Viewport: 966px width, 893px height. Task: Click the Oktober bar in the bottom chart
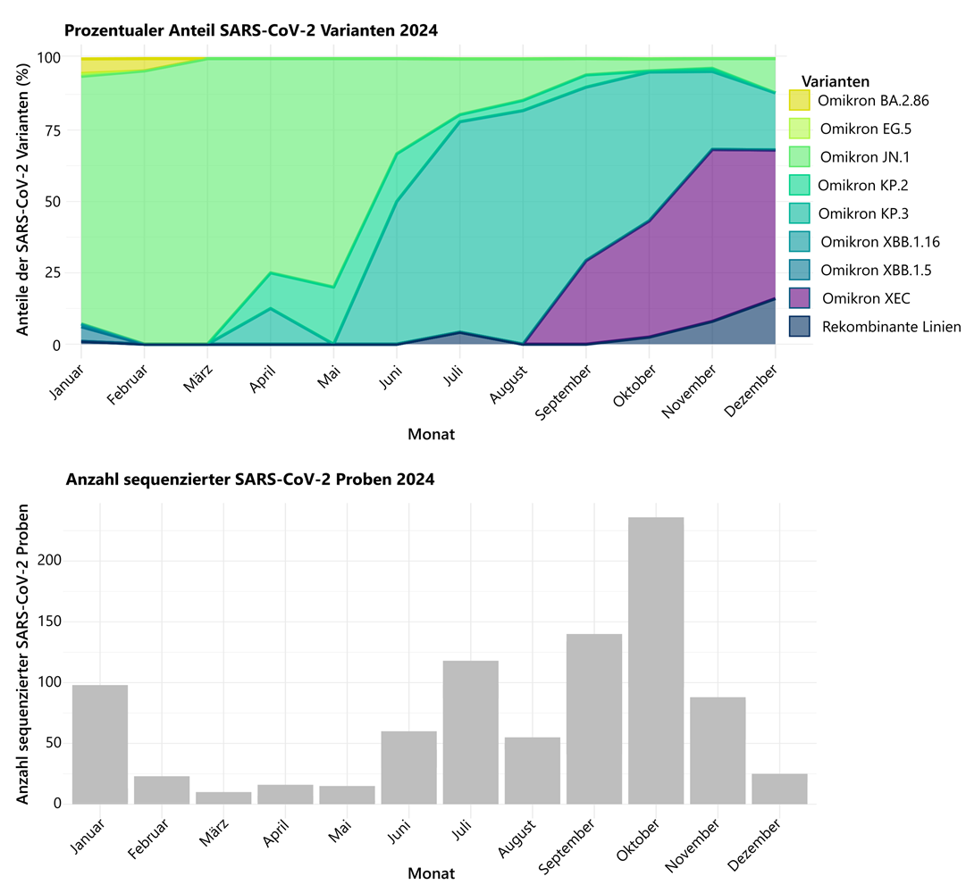click(x=656, y=660)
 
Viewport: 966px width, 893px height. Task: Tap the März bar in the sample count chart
click(x=223, y=797)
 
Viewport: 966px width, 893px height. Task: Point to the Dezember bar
click(x=779, y=789)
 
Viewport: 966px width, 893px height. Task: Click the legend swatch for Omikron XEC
click(x=800, y=298)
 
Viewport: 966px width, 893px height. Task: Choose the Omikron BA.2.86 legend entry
click(x=874, y=101)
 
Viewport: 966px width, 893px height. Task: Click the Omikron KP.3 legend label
click(x=862, y=213)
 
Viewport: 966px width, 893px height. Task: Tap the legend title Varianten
click(x=836, y=80)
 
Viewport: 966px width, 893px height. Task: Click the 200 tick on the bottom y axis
click(x=52, y=561)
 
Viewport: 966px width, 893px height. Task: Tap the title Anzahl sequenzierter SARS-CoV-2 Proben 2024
click(x=250, y=480)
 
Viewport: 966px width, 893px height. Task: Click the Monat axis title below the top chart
click(x=431, y=435)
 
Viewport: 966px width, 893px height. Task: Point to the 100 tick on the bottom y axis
click(x=52, y=682)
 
